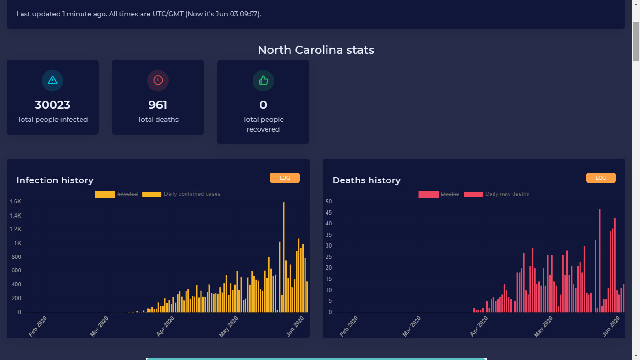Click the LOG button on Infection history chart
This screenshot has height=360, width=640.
pyautogui.click(x=284, y=178)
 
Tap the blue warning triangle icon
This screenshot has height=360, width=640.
pyautogui.click(x=52, y=80)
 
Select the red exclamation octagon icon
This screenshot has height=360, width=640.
pyautogui.click(x=158, y=80)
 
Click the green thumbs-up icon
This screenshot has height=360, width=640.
pyautogui.click(x=263, y=81)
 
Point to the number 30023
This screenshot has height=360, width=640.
pyautogui.click(x=52, y=105)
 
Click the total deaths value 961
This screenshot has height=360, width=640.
pyautogui.click(x=158, y=105)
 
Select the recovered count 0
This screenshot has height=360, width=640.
pyautogui.click(x=263, y=105)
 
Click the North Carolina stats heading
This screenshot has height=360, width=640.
pyautogui.click(x=316, y=50)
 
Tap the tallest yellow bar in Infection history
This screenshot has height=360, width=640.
pyautogui.click(x=284, y=257)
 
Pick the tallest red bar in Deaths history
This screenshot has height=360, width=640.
pyautogui.click(x=599, y=260)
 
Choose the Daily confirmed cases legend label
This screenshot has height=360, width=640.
pyautogui.click(x=192, y=194)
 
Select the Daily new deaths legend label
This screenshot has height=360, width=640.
pyautogui.click(x=507, y=194)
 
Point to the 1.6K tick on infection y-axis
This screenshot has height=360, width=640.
pyautogui.click(x=15, y=202)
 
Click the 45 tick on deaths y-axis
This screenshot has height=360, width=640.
pyautogui.click(x=328, y=213)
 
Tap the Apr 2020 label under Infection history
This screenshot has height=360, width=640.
pyautogui.click(x=166, y=326)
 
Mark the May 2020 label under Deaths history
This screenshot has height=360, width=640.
pyautogui.click(x=543, y=327)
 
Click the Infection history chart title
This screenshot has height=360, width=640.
pyautogui.click(x=55, y=180)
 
